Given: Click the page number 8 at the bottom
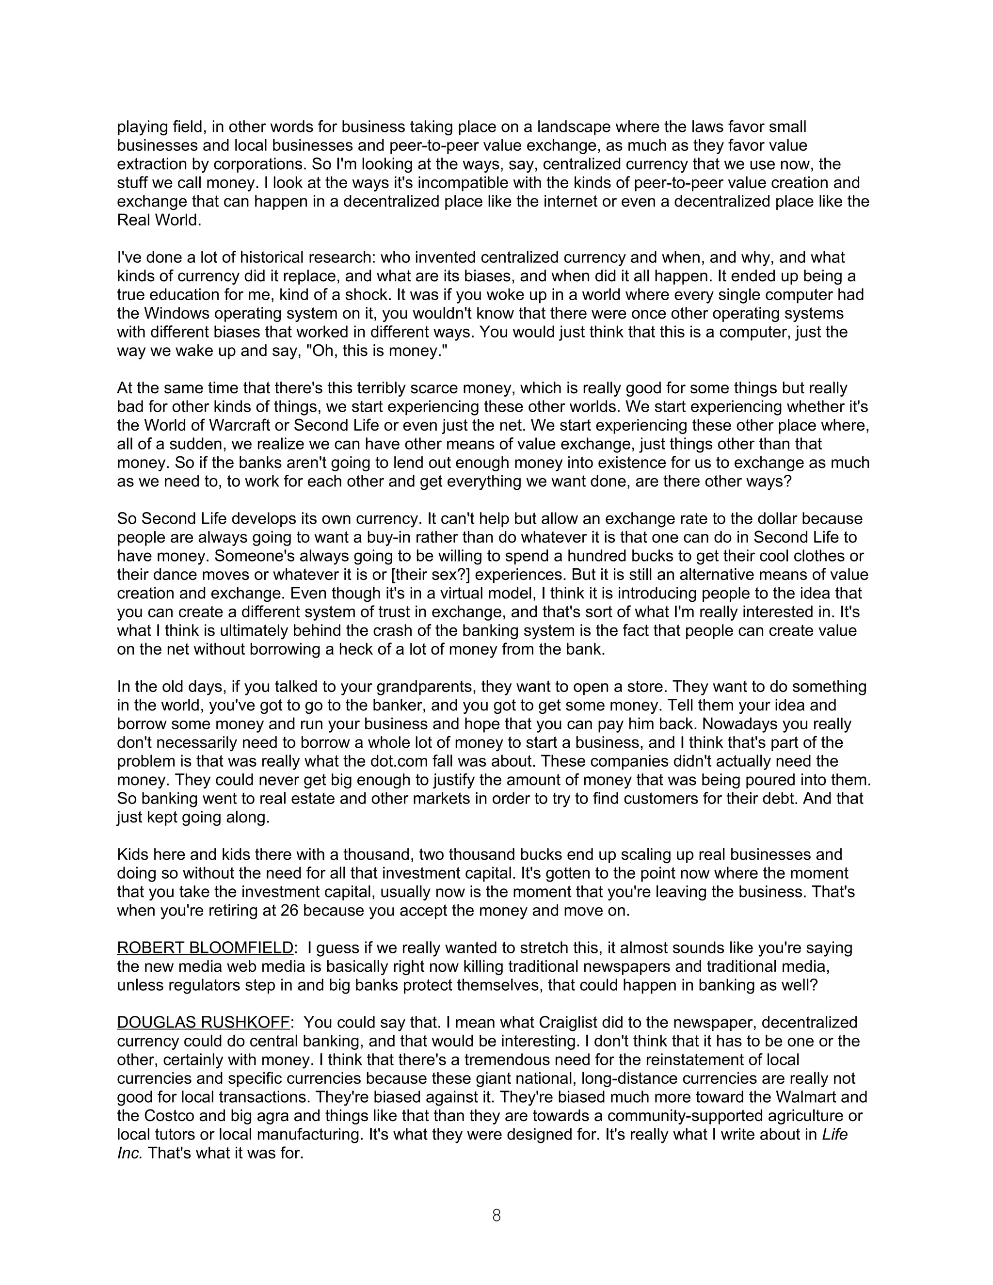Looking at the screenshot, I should click(x=496, y=1216).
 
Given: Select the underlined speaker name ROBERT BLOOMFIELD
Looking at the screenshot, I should click(x=205, y=948).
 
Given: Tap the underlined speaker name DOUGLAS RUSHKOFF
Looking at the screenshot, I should click(x=204, y=1023).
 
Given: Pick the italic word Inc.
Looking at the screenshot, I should click(x=129, y=1154).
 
